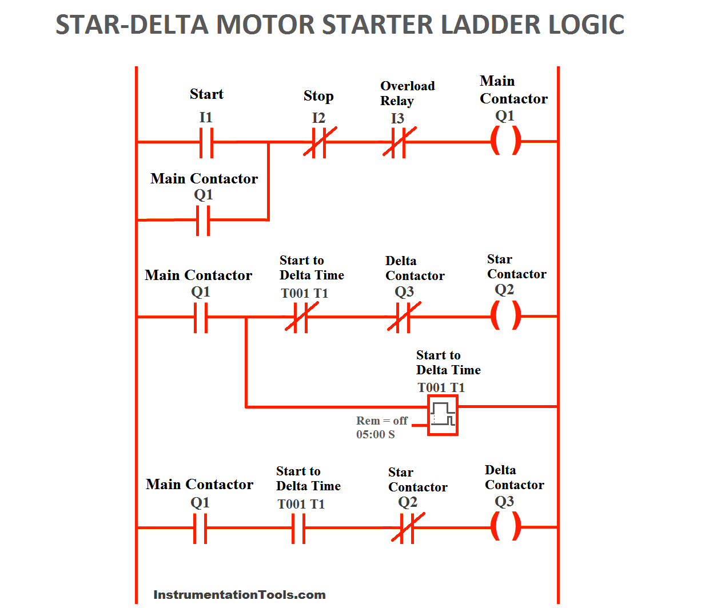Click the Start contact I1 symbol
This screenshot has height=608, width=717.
(x=206, y=142)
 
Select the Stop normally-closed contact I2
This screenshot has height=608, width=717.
(x=319, y=142)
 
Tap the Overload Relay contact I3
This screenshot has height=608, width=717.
(x=399, y=142)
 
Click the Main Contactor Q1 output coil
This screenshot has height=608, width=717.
(x=506, y=141)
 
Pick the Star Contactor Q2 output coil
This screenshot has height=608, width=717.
(x=506, y=315)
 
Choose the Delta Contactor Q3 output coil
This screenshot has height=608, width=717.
(x=506, y=526)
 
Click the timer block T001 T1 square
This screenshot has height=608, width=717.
(x=443, y=417)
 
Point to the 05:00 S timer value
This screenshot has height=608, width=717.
(x=375, y=435)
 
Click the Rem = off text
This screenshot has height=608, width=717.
(x=381, y=421)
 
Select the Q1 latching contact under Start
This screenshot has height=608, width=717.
(x=203, y=220)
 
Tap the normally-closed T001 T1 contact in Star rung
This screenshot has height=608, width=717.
(x=301, y=317)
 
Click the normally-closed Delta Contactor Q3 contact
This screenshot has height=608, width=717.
(x=404, y=317)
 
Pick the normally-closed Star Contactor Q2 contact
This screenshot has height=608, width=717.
(x=407, y=527)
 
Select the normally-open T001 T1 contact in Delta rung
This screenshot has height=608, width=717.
(x=298, y=528)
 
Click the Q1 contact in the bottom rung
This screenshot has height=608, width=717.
(x=200, y=528)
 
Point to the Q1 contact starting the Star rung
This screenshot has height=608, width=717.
(x=201, y=317)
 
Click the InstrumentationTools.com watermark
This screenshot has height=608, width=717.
(x=239, y=595)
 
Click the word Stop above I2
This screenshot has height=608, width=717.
(x=318, y=96)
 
